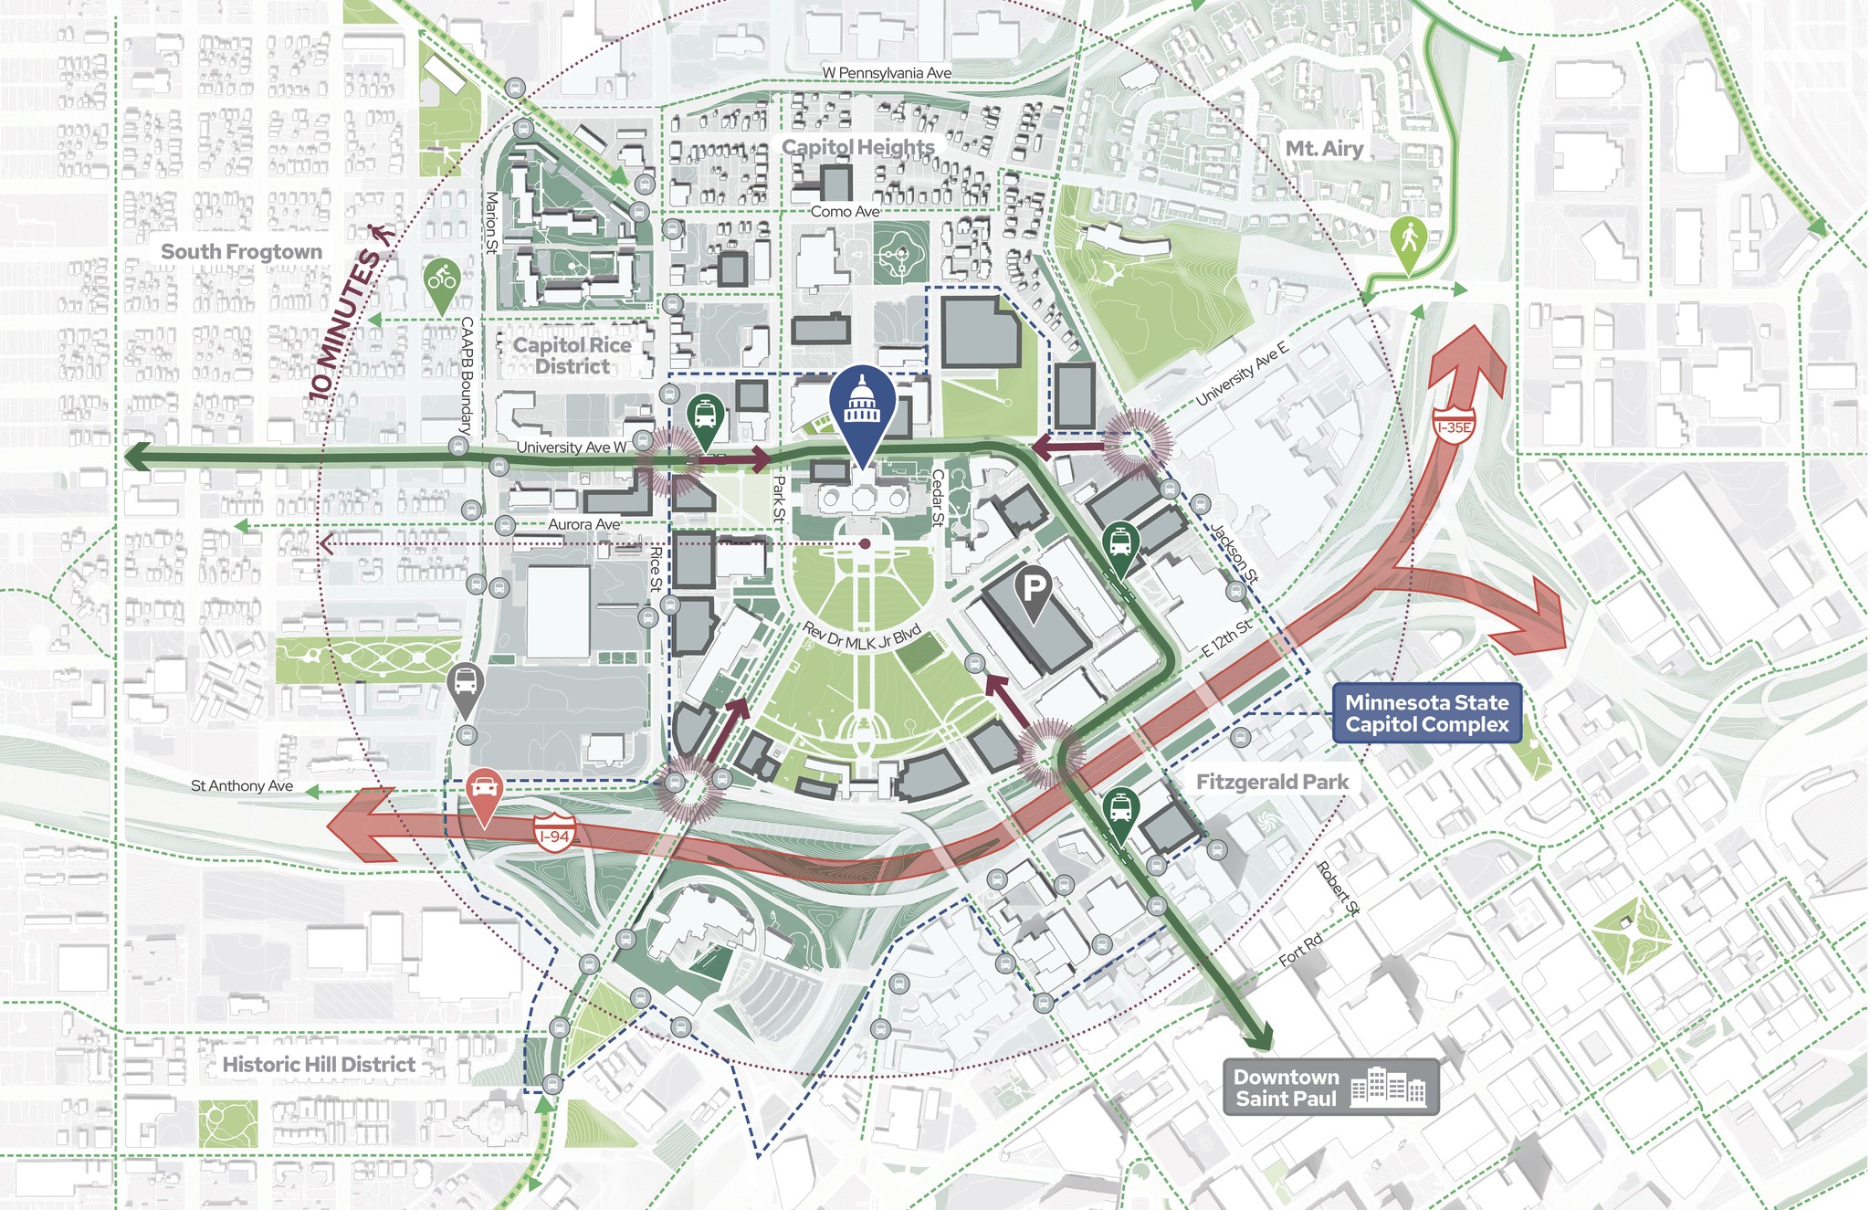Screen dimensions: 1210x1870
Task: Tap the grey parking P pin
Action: pos(1033,591)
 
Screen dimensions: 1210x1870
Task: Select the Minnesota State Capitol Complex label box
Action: pos(1426,713)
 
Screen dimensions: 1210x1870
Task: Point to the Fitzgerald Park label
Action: pos(1272,782)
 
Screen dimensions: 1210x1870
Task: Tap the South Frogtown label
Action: pos(241,252)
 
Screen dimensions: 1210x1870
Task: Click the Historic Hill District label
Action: pos(319,1065)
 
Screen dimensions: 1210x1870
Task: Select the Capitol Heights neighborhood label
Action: pos(858,147)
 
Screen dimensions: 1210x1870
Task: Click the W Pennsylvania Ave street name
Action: pos(886,73)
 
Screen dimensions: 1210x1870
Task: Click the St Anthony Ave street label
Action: pos(242,785)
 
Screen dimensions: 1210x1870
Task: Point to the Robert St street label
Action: pos(1339,888)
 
